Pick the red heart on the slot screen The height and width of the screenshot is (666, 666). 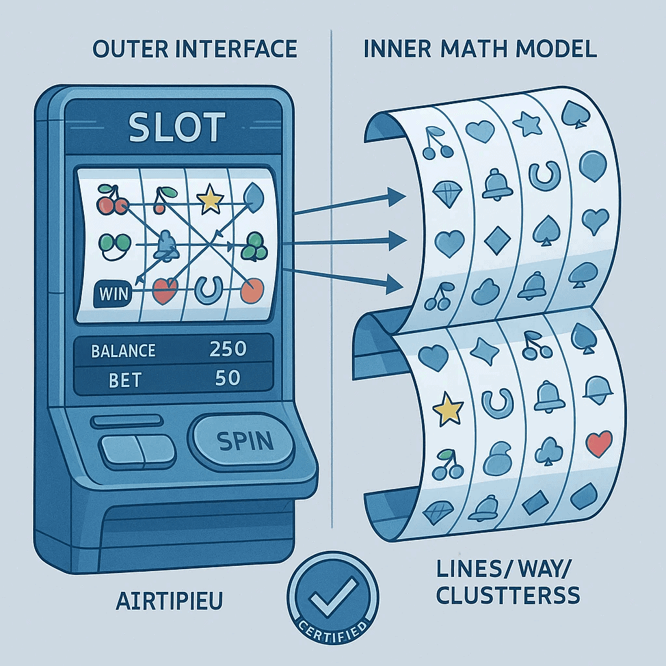click(x=165, y=292)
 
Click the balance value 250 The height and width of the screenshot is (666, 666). click(x=228, y=349)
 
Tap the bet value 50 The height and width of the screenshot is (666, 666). click(x=228, y=378)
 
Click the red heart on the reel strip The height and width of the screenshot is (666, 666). click(x=598, y=444)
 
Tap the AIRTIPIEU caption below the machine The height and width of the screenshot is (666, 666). click(x=168, y=600)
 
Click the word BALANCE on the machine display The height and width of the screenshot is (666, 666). click(x=124, y=351)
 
